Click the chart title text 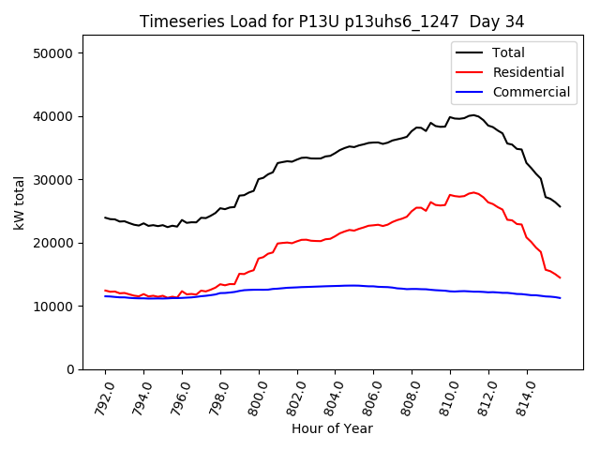click(x=332, y=21)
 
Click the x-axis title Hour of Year click(x=332, y=428)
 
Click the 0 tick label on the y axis click(x=70, y=369)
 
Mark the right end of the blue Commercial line click(x=561, y=298)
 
